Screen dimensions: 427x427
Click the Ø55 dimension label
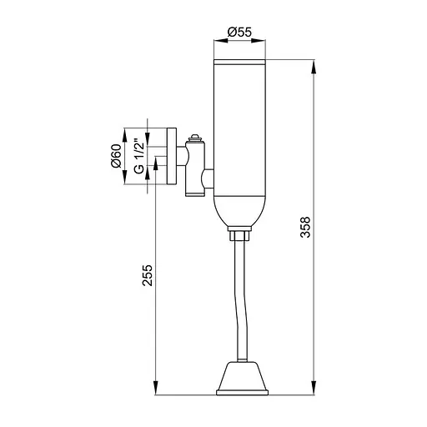pyautogui.click(x=239, y=32)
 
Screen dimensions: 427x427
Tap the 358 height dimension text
pyautogui.click(x=305, y=227)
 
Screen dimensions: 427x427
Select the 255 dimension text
pyautogui.click(x=148, y=275)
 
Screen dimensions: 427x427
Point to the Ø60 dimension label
pyautogui.click(x=116, y=156)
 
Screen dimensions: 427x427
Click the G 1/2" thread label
pyautogui.click(x=139, y=157)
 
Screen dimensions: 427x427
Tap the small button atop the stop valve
pyautogui.click(x=195, y=138)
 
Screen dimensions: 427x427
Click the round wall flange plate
pyautogui.click(x=172, y=156)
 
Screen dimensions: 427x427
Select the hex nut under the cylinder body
pyautogui.click(x=239, y=234)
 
